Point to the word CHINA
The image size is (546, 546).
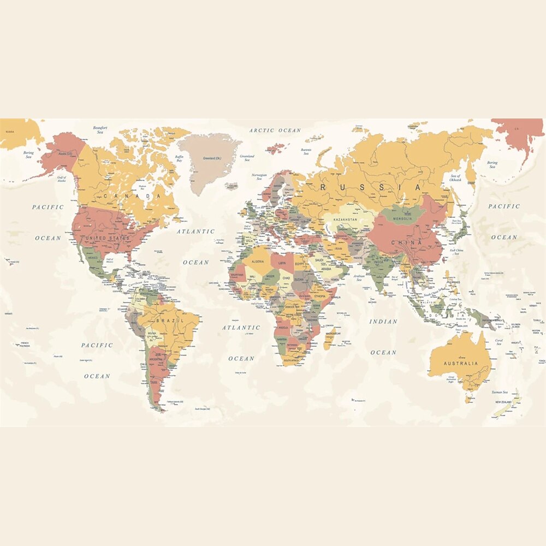pos(406,242)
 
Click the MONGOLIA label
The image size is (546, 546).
pos(402,219)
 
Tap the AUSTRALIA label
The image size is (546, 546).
pos(460,363)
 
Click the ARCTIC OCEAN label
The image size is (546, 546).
pos(275,130)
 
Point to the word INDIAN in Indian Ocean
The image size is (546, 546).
pos(383,322)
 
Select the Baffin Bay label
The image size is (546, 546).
pos(179,159)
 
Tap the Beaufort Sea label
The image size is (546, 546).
pos(100,130)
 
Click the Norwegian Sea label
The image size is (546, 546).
pos(259,177)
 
